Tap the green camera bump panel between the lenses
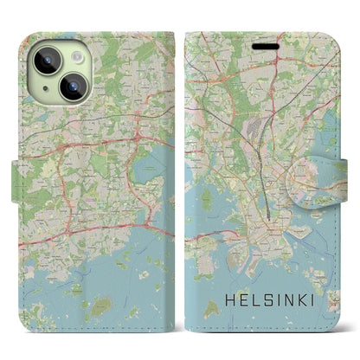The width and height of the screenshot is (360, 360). (x=58, y=73)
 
